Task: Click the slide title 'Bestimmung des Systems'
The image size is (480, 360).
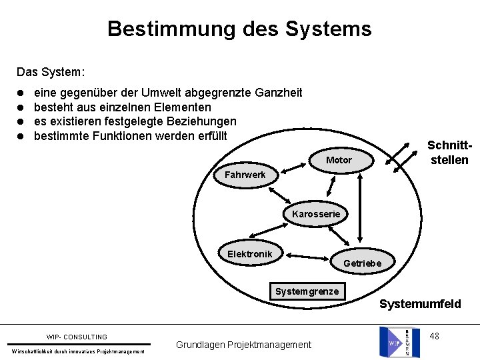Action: tap(239, 29)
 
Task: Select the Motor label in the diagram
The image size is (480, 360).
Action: tap(339, 160)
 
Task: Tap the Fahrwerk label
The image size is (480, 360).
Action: tap(245, 175)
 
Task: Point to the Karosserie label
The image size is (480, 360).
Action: tap(315, 214)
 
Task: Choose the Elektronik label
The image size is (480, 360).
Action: tap(249, 254)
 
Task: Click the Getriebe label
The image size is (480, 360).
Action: tap(362, 263)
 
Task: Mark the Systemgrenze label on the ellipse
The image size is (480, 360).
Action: tap(307, 291)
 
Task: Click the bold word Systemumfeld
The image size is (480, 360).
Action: tap(420, 305)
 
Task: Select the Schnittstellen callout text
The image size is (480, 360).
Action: tap(449, 153)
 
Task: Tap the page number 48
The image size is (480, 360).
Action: tap(434, 336)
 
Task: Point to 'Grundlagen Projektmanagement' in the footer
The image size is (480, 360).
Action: tap(243, 345)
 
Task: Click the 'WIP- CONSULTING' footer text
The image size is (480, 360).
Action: tap(77, 337)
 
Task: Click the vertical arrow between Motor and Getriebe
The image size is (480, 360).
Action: tap(361, 210)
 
